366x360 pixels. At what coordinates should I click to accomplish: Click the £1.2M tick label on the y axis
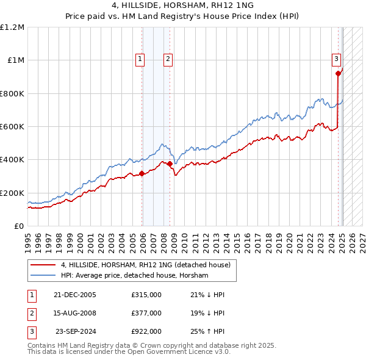(12, 27)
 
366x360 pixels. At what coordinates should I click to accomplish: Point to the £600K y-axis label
(12, 127)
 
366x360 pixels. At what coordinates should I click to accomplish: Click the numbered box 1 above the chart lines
(140, 59)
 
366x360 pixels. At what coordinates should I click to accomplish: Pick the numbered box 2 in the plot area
(167, 59)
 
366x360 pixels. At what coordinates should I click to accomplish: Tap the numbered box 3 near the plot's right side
(336, 59)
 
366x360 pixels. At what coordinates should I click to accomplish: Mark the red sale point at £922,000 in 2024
(338, 73)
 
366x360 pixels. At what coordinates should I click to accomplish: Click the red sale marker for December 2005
(142, 174)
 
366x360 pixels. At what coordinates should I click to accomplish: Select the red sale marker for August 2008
(169, 164)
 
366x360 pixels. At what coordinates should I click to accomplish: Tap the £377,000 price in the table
(146, 313)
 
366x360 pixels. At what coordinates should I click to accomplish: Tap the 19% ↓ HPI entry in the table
(207, 313)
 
